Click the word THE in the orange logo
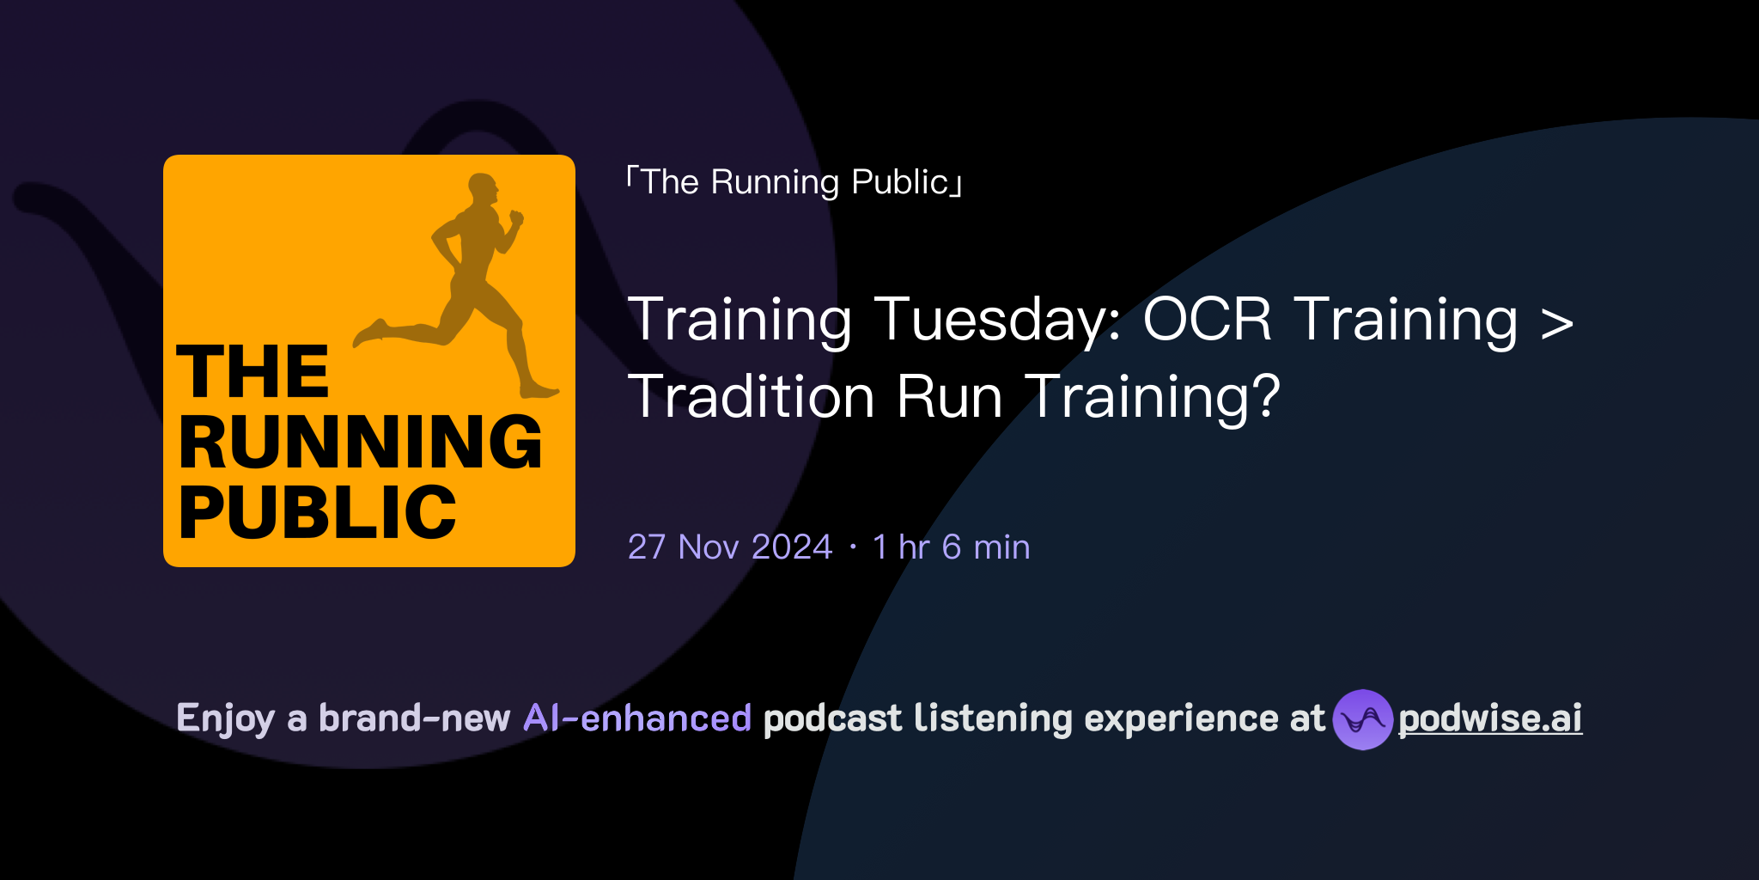(253, 372)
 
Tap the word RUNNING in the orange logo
(360, 443)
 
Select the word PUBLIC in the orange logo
(317, 513)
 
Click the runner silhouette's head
(483, 190)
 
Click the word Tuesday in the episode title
(997, 320)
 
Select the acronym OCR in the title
(1207, 320)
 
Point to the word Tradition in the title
(751, 397)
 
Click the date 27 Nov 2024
(730, 547)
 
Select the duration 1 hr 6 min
(951, 547)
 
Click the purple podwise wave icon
(1362, 719)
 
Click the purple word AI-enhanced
(637, 718)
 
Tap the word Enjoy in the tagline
(225, 718)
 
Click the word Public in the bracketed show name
(899, 182)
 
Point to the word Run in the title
(949, 397)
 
